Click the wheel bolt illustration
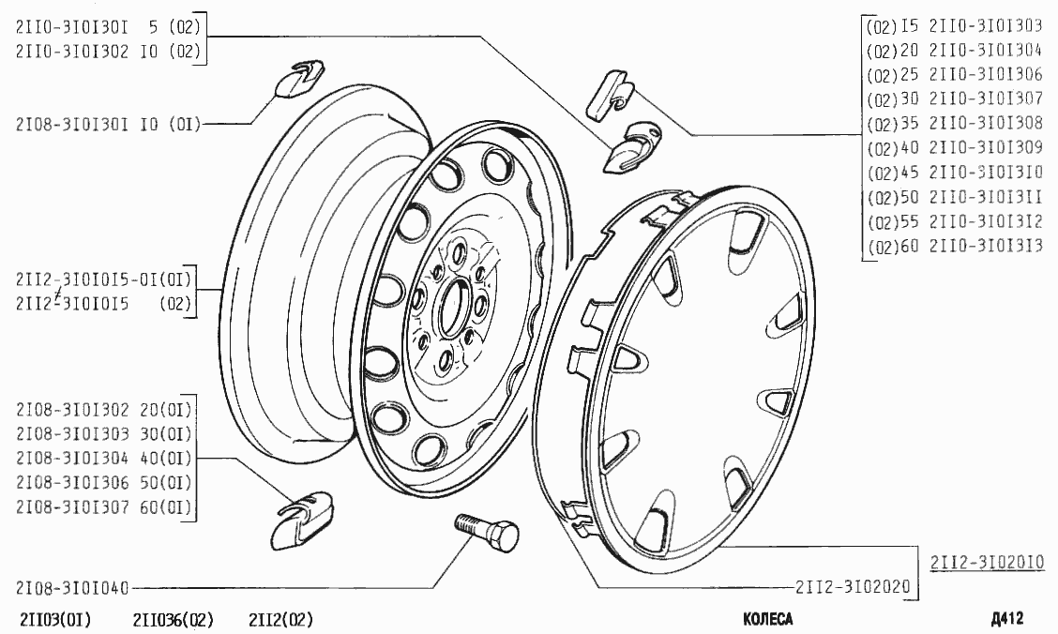487,531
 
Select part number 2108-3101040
72,588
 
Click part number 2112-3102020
853,587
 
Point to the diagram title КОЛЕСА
768,618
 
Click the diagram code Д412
1007,618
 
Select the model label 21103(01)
56,619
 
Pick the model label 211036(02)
174,619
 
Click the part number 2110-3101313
986,246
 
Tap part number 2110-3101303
986,25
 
